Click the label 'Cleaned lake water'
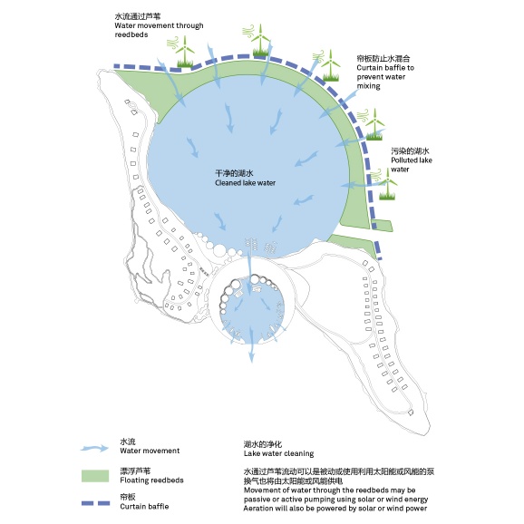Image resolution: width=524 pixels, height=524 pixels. (x=245, y=182)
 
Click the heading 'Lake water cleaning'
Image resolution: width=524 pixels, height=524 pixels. (x=278, y=452)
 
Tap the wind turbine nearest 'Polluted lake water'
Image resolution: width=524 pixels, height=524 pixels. (x=389, y=185)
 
